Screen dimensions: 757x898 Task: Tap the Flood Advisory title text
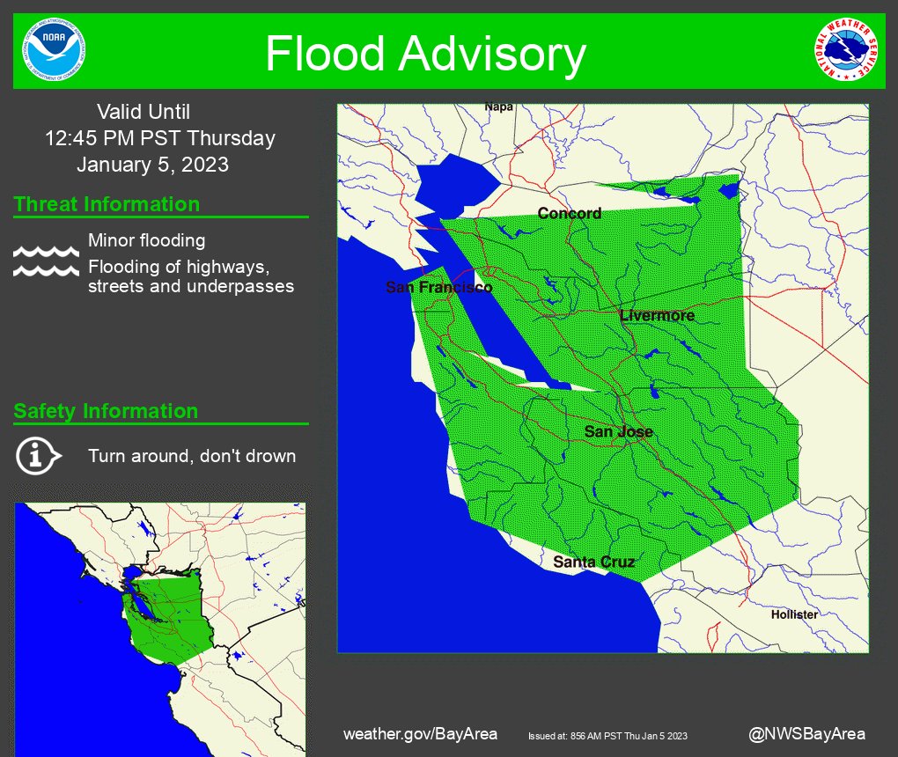pos(425,54)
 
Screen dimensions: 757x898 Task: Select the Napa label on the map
pos(498,107)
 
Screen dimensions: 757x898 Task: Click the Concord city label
pos(569,213)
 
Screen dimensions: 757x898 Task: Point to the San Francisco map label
pos(438,288)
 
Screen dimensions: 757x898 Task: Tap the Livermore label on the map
pos(657,315)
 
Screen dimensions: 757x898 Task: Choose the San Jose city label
pos(618,431)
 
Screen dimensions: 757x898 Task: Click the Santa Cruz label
pos(593,562)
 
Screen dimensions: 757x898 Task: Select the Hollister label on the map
pos(794,614)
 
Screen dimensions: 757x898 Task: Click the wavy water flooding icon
pos(46,261)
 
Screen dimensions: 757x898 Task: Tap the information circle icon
pos(37,455)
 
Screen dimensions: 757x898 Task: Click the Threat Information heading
pos(107,204)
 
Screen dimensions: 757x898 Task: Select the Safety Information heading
pos(106,411)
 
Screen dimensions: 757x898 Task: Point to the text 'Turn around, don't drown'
pos(191,456)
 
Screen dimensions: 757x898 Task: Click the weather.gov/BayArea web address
pos(420,733)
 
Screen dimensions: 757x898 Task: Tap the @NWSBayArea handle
pos(806,733)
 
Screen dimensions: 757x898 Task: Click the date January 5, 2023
pos(152,165)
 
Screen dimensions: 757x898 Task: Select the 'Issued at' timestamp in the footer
pos(607,736)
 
